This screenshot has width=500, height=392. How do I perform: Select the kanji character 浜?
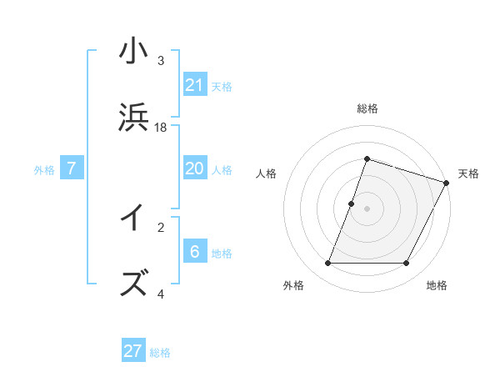(133, 119)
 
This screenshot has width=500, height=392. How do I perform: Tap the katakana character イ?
(133, 219)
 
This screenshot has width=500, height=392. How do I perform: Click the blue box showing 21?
(195, 85)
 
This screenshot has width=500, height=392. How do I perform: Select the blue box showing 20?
(195, 168)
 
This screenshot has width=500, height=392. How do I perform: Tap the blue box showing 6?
(195, 252)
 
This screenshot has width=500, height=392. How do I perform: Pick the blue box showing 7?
(72, 168)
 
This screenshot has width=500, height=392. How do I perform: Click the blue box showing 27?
(133, 351)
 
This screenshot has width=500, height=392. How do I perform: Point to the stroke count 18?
(161, 128)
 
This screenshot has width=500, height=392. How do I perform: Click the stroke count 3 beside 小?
(161, 61)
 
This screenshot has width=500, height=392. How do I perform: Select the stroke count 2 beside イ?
(161, 227)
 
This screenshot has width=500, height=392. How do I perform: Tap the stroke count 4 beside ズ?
(161, 294)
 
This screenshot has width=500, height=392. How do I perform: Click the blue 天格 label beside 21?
(222, 86)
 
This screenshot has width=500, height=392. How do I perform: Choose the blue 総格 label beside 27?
(160, 352)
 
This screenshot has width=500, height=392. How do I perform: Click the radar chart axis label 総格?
(367, 109)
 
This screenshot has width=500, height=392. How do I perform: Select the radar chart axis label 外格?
(293, 285)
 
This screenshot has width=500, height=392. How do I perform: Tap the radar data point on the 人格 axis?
(352, 204)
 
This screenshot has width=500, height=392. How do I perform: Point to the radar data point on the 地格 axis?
(407, 264)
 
